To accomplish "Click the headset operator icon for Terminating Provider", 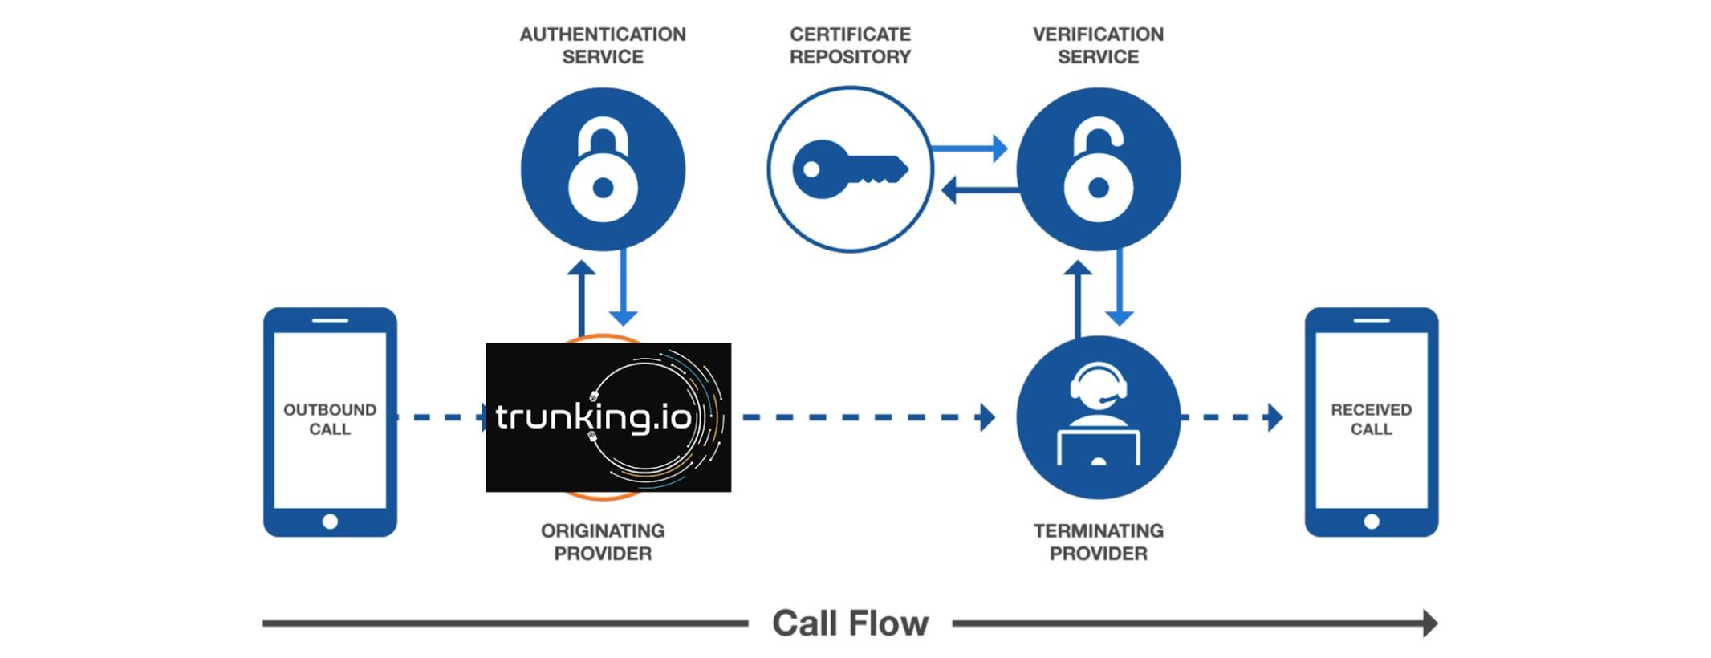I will (1098, 417).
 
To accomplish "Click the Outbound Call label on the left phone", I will (330, 419).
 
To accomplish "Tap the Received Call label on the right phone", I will (1371, 419).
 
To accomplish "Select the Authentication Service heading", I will (603, 46).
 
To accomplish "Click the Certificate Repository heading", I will (850, 46).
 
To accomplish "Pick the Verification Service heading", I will (1098, 46).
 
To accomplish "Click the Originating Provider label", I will (603, 542).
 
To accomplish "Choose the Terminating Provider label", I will (1098, 542).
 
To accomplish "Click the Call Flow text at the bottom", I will (850, 623).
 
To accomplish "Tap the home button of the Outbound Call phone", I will (330, 522).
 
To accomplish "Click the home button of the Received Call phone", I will (1371, 522).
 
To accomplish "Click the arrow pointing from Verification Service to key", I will (979, 191).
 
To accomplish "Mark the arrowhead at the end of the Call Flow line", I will (1429, 623).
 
